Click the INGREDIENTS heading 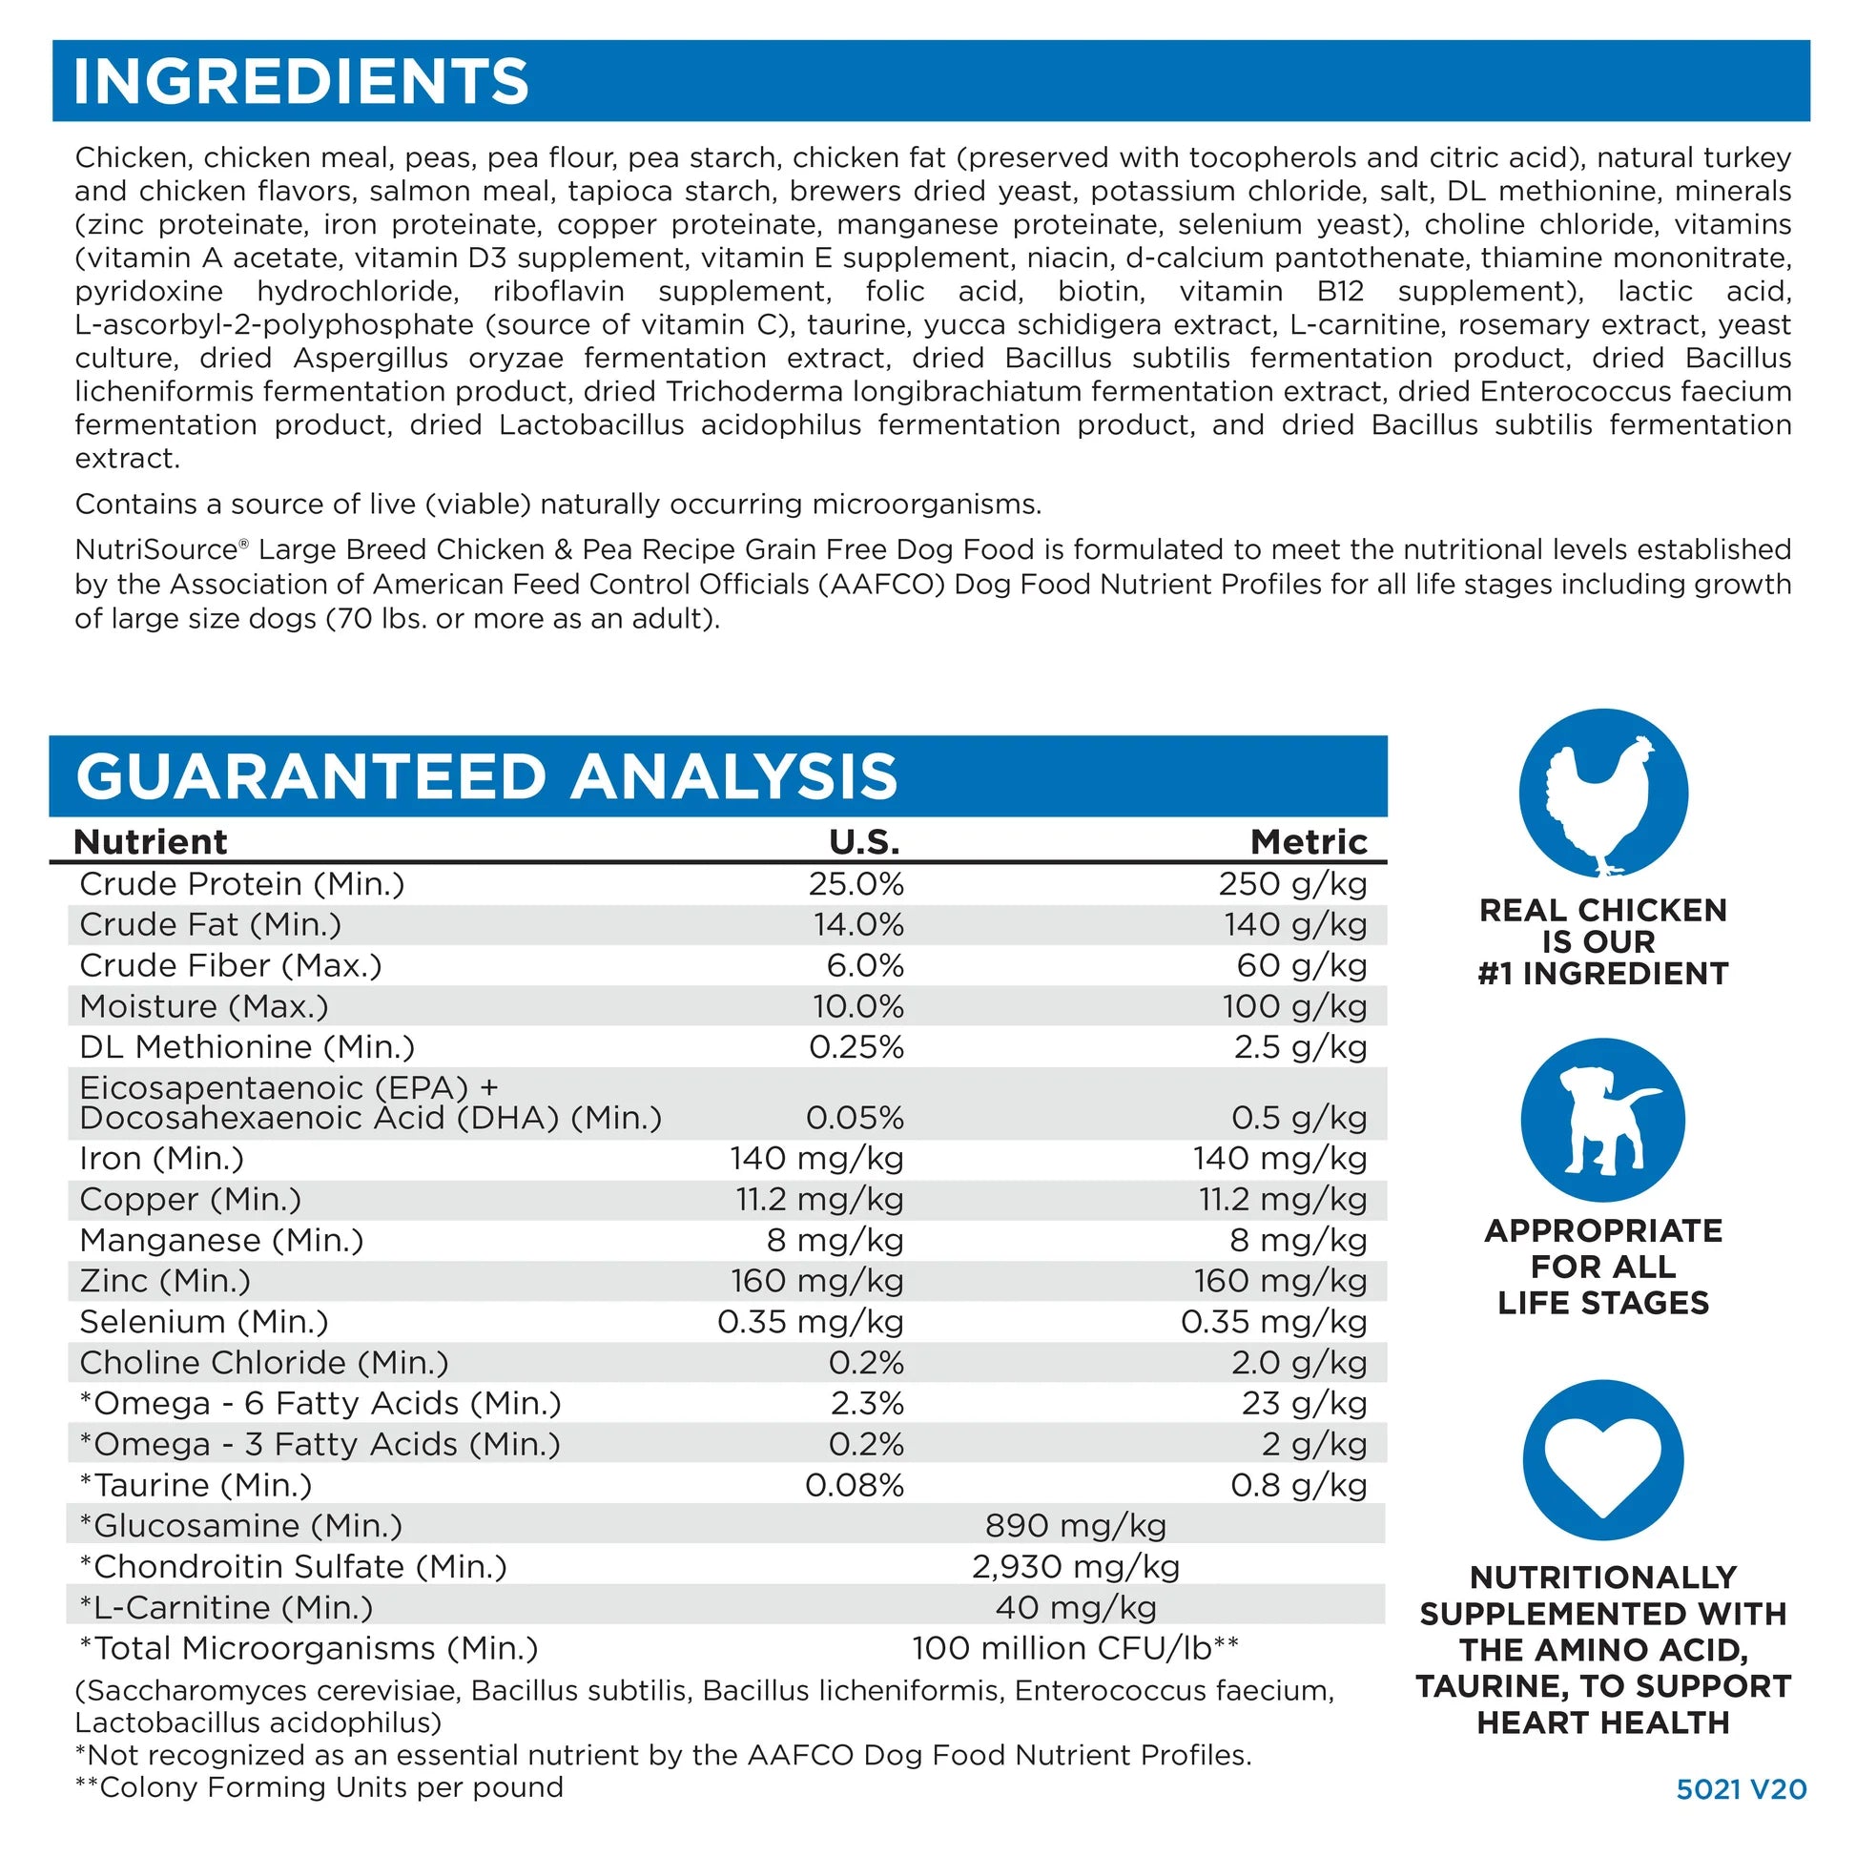click(x=300, y=81)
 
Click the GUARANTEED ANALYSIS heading click(x=486, y=776)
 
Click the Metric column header click(x=1309, y=841)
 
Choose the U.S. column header click(x=865, y=841)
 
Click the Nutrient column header click(x=151, y=841)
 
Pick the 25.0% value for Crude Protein click(x=856, y=884)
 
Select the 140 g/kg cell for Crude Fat click(x=1295, y=925)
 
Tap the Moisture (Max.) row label click(x=204, y=1007)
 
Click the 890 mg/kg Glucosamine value click(x=1076, y=1526)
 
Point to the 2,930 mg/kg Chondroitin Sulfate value click(x=1076, y=1567)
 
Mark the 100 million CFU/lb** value click(x=1075, y=1648)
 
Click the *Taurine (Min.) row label click(x=196, y=1485)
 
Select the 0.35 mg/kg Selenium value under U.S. click(x=811, y=1322)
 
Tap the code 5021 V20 click(x=1742, y=1788)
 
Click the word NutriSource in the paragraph click(x=156, y=549)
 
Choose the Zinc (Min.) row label click(x=165, y=1282)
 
